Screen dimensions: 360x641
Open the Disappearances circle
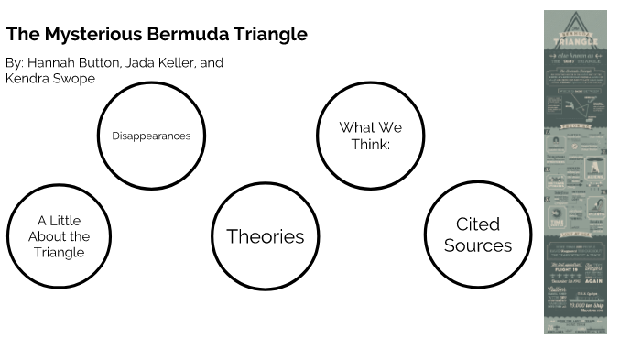click(x=151, y=136)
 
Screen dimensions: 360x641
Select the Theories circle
click(x=266, y=235)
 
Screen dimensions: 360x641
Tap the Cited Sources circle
click(x=478, y=235)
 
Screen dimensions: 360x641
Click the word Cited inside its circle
click(x=478, y=224)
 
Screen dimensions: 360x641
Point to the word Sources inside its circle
click(x=478, y=245)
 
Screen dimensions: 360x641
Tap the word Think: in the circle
click(x=370, y=144)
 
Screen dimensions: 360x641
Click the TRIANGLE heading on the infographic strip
click(x=575, y=41)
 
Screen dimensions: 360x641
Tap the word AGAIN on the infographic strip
click(x=590, y=282)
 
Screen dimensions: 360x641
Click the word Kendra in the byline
click(x=27, y=78)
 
